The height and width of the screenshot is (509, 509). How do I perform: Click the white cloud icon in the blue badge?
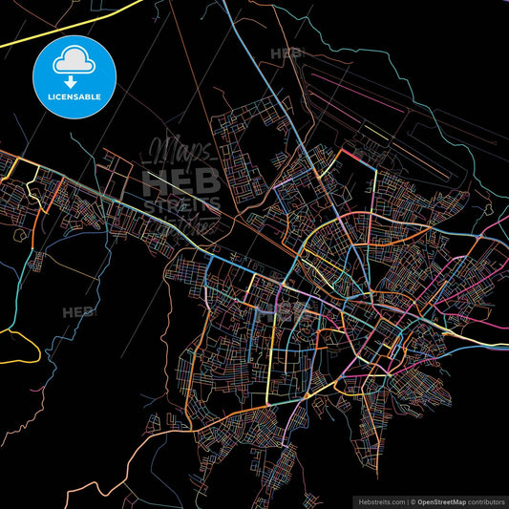click(x=74, y=61)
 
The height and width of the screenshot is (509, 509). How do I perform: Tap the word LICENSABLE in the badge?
click(x=74, y=97)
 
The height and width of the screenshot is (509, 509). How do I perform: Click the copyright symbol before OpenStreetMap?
click(x=414, y=499)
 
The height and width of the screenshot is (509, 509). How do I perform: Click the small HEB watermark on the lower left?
click(x=78, y=312)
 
